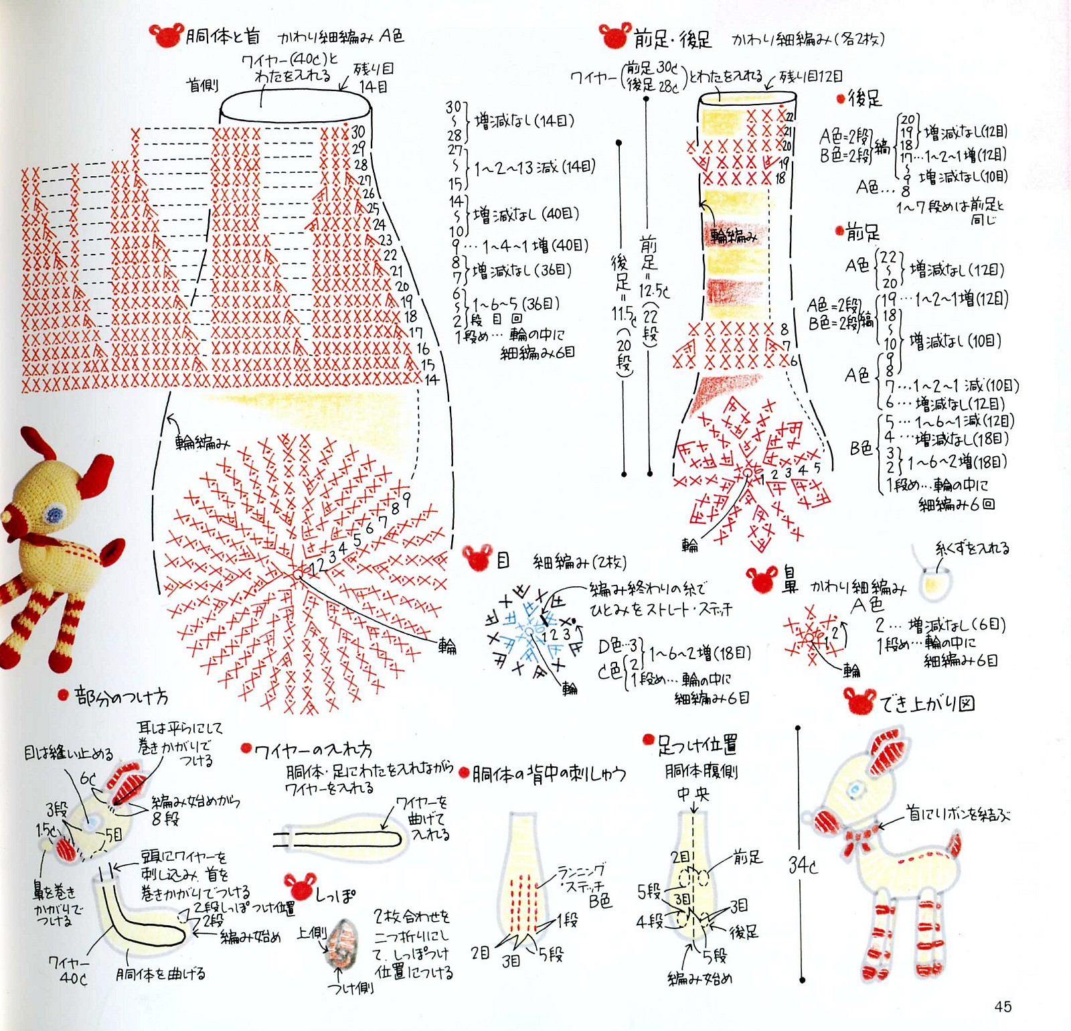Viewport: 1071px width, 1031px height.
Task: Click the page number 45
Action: click(x=1003, y=1006)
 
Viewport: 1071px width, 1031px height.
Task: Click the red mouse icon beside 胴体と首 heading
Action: click(x=166, y=35)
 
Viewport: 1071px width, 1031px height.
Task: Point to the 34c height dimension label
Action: click(x=803, y=865)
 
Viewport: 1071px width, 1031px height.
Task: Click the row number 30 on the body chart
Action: click(x=358, y=132)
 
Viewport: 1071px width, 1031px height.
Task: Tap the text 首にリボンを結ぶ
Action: click(x=958, y=814)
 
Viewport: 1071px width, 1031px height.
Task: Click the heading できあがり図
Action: click(x=927, y=703)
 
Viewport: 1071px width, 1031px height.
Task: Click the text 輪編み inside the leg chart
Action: click(x=734, y=236)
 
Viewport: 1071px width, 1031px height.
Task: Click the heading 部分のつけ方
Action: click(x=120, y=697)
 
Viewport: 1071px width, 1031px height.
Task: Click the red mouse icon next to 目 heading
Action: click(x=478, y=558)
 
